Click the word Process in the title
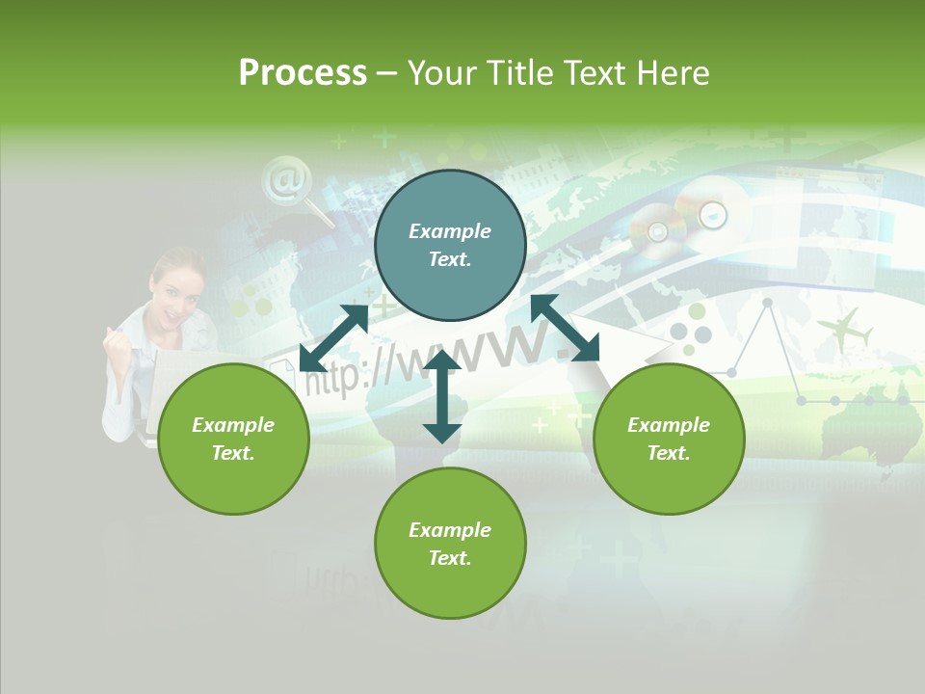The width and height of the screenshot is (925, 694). tap(303, 73)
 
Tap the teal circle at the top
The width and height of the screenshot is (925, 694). tap(450, 246)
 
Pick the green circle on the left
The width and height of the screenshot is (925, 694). tap(233, 439)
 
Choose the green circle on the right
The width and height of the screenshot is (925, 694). tap(669, 439)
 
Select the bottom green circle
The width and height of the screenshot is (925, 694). tap(450, 544)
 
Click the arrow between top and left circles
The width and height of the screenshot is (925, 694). tap(333, 338)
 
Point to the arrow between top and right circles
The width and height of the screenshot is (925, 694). tap(565, 328)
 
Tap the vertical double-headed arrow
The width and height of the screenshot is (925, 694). tap(442, 396)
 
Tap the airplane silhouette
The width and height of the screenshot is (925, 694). tap(845, 330)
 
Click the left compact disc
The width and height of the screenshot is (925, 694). tap(657, 231)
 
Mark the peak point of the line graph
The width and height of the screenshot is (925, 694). tap(768, 303)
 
